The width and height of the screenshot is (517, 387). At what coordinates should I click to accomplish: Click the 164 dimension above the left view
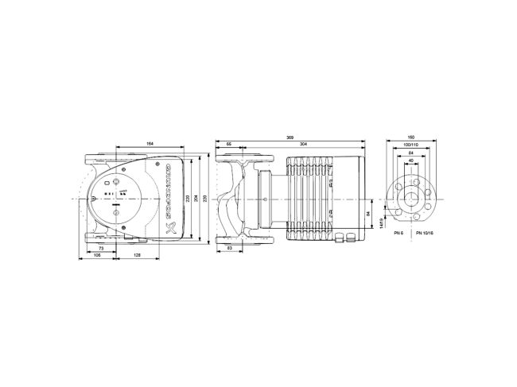(x=149, y=143)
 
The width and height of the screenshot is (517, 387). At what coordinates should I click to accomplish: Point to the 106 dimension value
(x=96, y=257)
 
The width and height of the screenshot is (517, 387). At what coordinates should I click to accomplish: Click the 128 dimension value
(x=138, y=257)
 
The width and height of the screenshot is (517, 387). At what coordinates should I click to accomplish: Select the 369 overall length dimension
(x=291, y=138)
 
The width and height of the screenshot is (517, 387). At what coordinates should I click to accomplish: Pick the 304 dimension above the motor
(x=305, y=145)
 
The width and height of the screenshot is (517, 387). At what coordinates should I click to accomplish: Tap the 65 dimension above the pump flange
(x=229, y=145)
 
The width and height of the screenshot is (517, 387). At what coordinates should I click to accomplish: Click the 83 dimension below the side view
(x=231, y=249)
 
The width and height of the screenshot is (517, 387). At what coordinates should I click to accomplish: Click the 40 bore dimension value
(x=411, y=161)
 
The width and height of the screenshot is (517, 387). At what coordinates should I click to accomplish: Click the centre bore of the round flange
(x=411, y=197)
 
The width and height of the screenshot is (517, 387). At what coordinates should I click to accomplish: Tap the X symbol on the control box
(x=168, y=228)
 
